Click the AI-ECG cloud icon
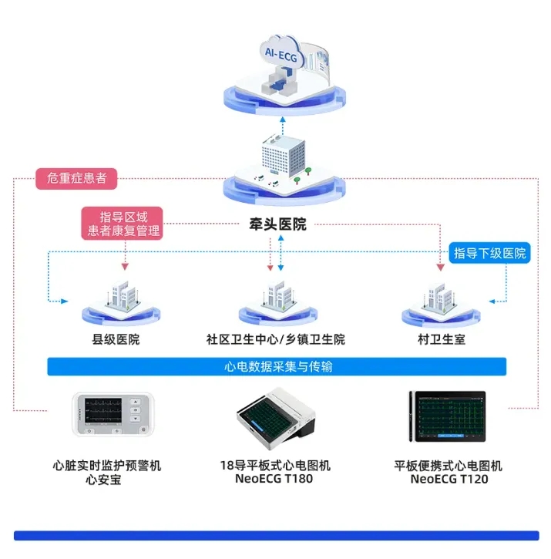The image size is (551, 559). (281, 52)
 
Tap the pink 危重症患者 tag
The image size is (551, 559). (76, 178)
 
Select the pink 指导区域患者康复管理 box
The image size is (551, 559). (123, 224)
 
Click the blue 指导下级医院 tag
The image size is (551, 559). (489, 253)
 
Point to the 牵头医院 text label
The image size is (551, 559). (277, 224)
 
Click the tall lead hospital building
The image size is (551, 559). (284, 156)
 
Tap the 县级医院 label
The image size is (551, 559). (116, 339)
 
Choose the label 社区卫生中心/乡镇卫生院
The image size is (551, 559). (276, 339)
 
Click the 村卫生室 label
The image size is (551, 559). (442, 339)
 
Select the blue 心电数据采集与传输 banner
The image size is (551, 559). (277, 366)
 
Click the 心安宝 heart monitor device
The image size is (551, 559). (113, 414)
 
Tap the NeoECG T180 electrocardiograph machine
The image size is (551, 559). (276, 418)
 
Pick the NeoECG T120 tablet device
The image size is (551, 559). (448, 416)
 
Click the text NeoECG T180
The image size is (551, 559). (274, 479)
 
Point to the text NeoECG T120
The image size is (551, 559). (449, 479)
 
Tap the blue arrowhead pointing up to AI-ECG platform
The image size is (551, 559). (283, 120)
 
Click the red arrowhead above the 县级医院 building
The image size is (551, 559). (125, 267)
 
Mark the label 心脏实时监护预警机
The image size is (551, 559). (107, 466)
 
